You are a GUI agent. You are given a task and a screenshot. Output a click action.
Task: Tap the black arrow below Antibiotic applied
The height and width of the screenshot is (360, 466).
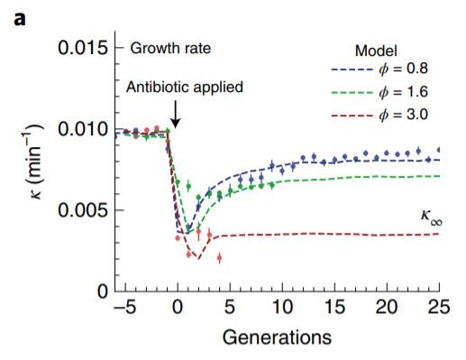click(177, 113)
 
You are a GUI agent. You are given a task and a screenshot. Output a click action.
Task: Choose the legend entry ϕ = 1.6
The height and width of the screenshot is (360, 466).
click(397, 94)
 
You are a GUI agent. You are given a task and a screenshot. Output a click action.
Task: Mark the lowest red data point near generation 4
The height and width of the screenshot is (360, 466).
click(219, 258)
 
